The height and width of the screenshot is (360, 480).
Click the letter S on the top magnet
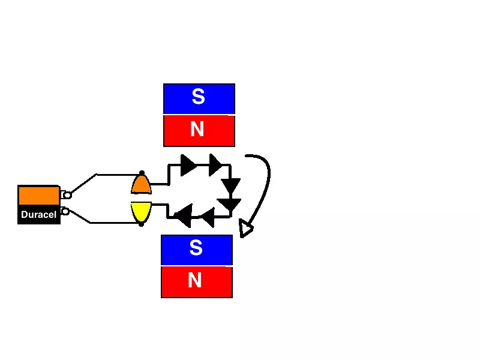pyautogui.click(x=198, y=97)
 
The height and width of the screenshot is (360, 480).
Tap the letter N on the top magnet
pyautogui.click(x=197, y=129)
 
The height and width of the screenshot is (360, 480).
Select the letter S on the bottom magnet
pyautogui.click(x=196, y=248)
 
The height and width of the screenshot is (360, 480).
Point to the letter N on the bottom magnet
pyautogui.click(x=194, y=280)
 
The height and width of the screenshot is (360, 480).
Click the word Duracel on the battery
pyautogui.click(x=38, y=214)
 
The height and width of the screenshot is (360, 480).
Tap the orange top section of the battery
pyautogui.click(x=38, y=195)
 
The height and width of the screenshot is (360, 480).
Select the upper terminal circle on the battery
pyautogui.click(x=67, y=195)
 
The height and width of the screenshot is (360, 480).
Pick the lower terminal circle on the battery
pyautogui.click(x=65, y=211)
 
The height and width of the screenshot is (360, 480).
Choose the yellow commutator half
pyautogui.click(x=141, y=211)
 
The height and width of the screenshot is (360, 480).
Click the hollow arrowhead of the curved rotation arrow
pyautogui.click(x=245, y=229)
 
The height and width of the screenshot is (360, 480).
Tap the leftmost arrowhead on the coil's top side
pyautogui.click(x=188, y=164)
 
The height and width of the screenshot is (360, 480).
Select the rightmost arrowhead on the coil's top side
pyautogui.click(x=215, y=164)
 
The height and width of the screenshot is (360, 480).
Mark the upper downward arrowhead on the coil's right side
pyautogui.click(x=230, y=185)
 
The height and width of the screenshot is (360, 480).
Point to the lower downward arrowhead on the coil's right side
pyautogui.click(x=230, y=205)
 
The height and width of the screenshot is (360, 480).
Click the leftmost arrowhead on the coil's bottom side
pyautogui.click(x=183, y=215)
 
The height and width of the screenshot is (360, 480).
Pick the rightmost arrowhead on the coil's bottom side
pyautogui.click(x=207, y=217)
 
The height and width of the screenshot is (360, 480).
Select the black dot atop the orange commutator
pyautogui.click(x=142, y=173)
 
